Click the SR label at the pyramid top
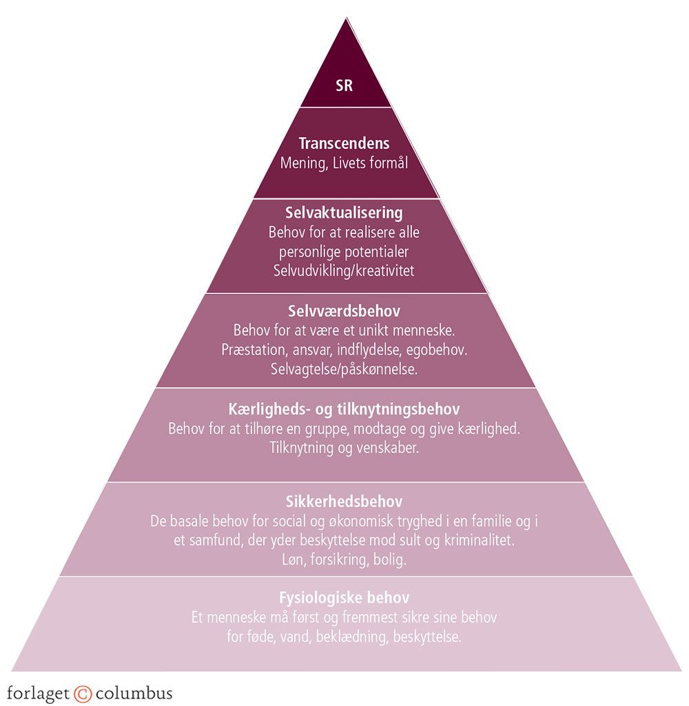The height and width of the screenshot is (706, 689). click(344, 87)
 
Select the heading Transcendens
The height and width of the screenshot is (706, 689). click(344, 144)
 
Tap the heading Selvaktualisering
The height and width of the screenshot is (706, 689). click(344, 213)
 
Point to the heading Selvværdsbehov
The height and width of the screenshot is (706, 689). click(344, 311)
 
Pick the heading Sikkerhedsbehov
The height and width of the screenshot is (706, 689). click(344, 501)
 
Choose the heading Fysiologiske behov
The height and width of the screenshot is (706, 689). click(344, 596)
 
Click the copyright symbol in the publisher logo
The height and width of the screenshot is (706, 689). click(82, 692)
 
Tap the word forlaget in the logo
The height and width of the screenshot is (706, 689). click(38, 692)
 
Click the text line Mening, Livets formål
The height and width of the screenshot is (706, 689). click(344, 163)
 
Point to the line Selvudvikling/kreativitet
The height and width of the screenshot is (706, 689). click(344, 271)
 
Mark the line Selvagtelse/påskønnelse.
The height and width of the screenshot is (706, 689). click(344, 369)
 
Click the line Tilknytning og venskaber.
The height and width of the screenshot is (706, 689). click(344, 448)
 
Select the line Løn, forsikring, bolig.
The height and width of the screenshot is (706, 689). click(344, 559)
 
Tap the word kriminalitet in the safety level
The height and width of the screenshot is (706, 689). click(478, 541)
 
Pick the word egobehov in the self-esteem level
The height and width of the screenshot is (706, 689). click(438, 350)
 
